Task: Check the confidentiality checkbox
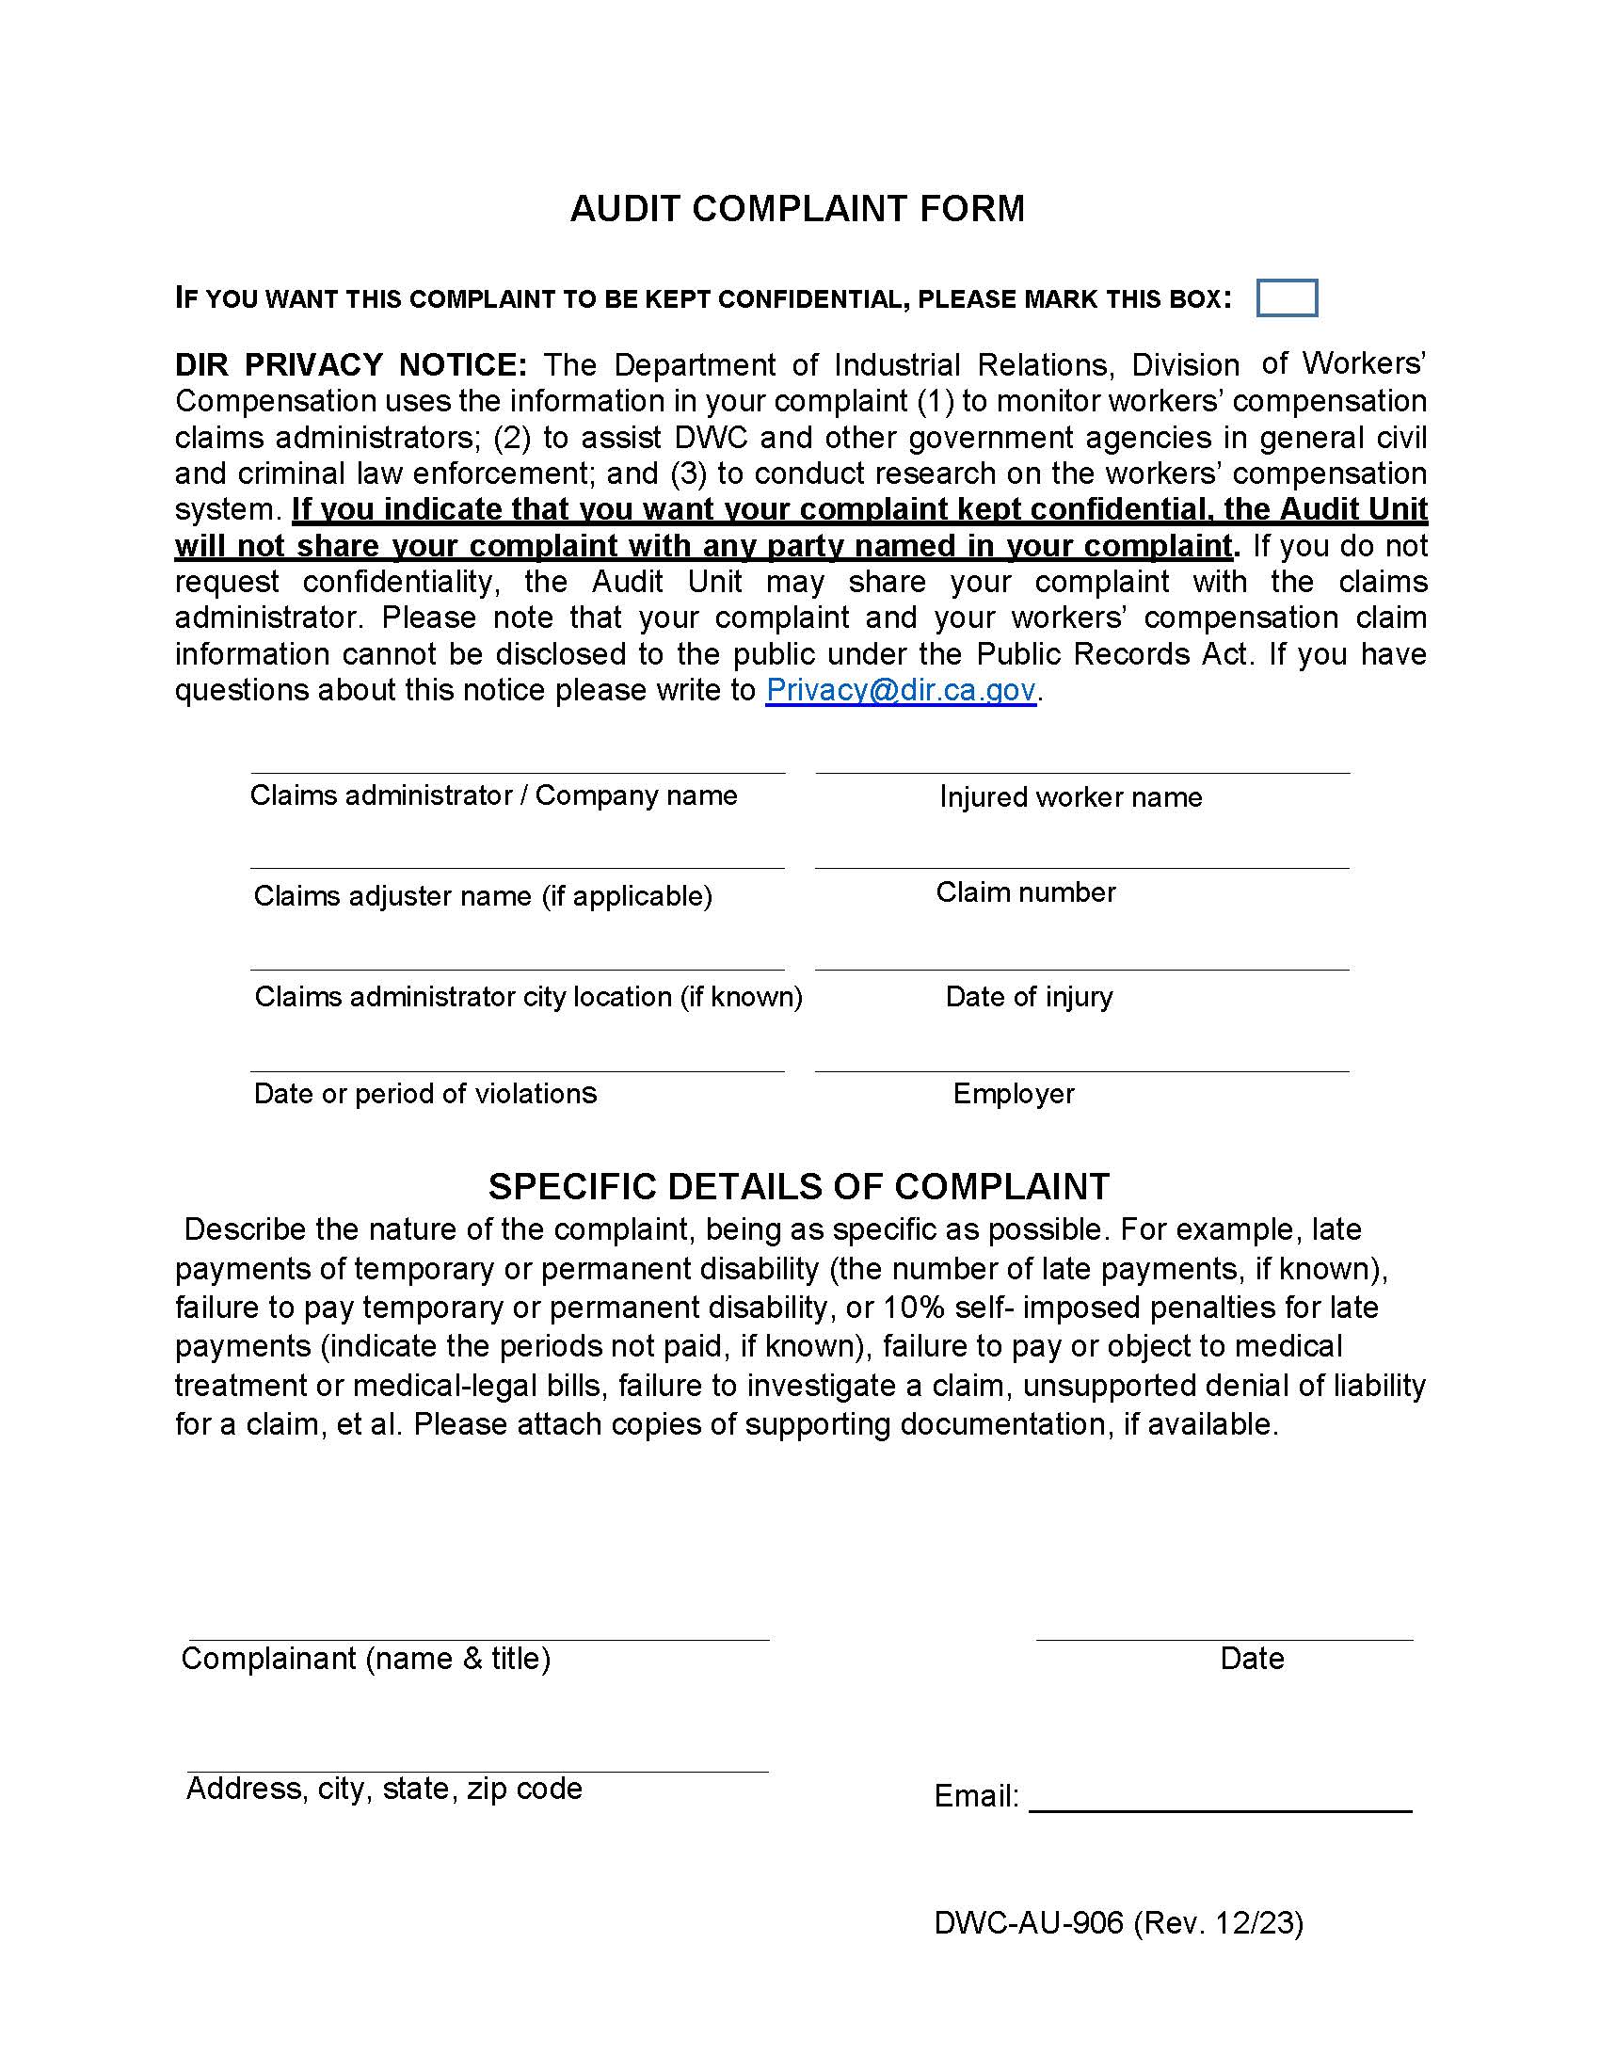coord(1287,297)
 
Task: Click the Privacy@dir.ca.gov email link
coord(900,689)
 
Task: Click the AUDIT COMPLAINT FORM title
coord(797,209)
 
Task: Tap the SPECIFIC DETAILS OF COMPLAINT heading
coord(798,1186)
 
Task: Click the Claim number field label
coord(1026,892)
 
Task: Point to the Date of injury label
coord(1029,997)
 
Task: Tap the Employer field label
coord(1014,1093)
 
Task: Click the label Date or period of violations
coord(425,1093)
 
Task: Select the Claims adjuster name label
coord(483,896)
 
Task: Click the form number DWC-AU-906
coord(1028,1922)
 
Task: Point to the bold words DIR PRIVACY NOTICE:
coord(351,365)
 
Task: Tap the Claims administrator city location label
coord(528,997)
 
